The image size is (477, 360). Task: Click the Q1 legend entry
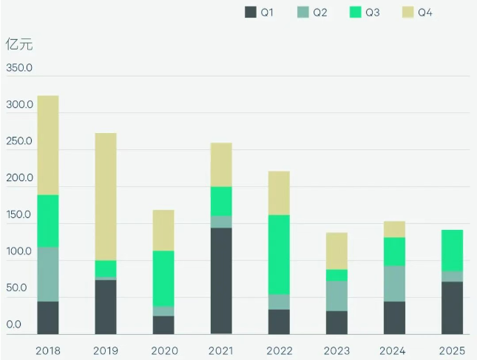(260, 13)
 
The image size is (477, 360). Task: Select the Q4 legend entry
(416, 13)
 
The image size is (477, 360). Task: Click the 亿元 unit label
(19, 44)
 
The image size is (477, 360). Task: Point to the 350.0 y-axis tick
(19, 69)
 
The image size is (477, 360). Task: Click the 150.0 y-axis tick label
(19, 216)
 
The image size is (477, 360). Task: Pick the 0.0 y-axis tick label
(14, 325)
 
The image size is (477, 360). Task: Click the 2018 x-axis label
(48, 349)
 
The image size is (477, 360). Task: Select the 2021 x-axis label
(221, 349)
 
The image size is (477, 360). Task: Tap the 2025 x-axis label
(452, 349)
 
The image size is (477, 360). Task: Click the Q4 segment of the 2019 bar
(106, 197)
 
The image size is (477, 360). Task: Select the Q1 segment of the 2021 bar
(221, 281)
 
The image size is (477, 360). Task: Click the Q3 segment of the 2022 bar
(279, 255)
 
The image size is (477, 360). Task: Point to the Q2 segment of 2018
(48, 274)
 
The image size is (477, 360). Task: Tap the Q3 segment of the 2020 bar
(163, 278)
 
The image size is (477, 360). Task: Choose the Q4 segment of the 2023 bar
(336, 251)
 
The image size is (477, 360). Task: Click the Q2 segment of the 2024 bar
(394, 284)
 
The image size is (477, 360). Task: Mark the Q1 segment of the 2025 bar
(452, 308)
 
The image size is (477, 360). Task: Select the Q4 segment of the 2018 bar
(48, 145)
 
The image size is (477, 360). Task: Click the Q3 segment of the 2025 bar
(452, 251)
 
